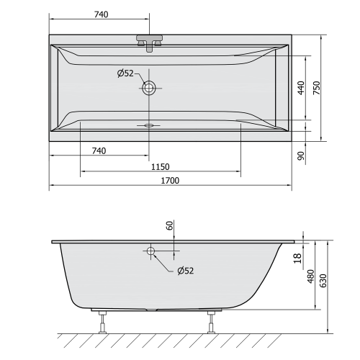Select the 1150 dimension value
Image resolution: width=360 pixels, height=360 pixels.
point(160,166)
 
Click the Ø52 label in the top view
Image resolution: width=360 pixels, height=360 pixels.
point(125,73)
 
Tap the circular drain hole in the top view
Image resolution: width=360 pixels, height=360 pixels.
point(150,88)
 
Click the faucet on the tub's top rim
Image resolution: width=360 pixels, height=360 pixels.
point(150,41)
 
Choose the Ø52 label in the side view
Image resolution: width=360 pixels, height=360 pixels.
point(185,271)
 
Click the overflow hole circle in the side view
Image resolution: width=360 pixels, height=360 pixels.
point(150,251)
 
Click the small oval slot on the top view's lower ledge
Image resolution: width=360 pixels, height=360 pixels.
point(150,124)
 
